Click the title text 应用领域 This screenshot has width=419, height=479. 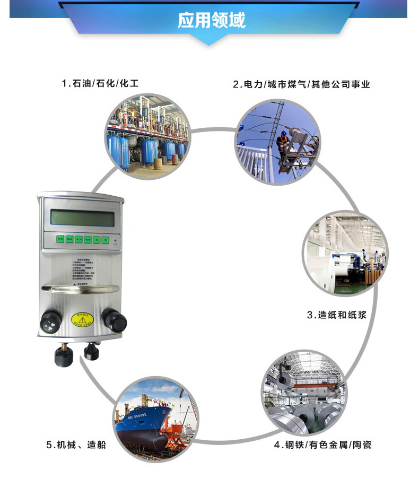click(211, 21)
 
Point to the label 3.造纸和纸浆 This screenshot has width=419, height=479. click(337, 315)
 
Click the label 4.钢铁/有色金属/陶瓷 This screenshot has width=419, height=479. click(322, 445)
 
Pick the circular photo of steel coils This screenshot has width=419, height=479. click(302, 392)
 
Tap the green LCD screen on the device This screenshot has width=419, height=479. click(82, 217)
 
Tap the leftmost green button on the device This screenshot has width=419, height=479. click(60, 240)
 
